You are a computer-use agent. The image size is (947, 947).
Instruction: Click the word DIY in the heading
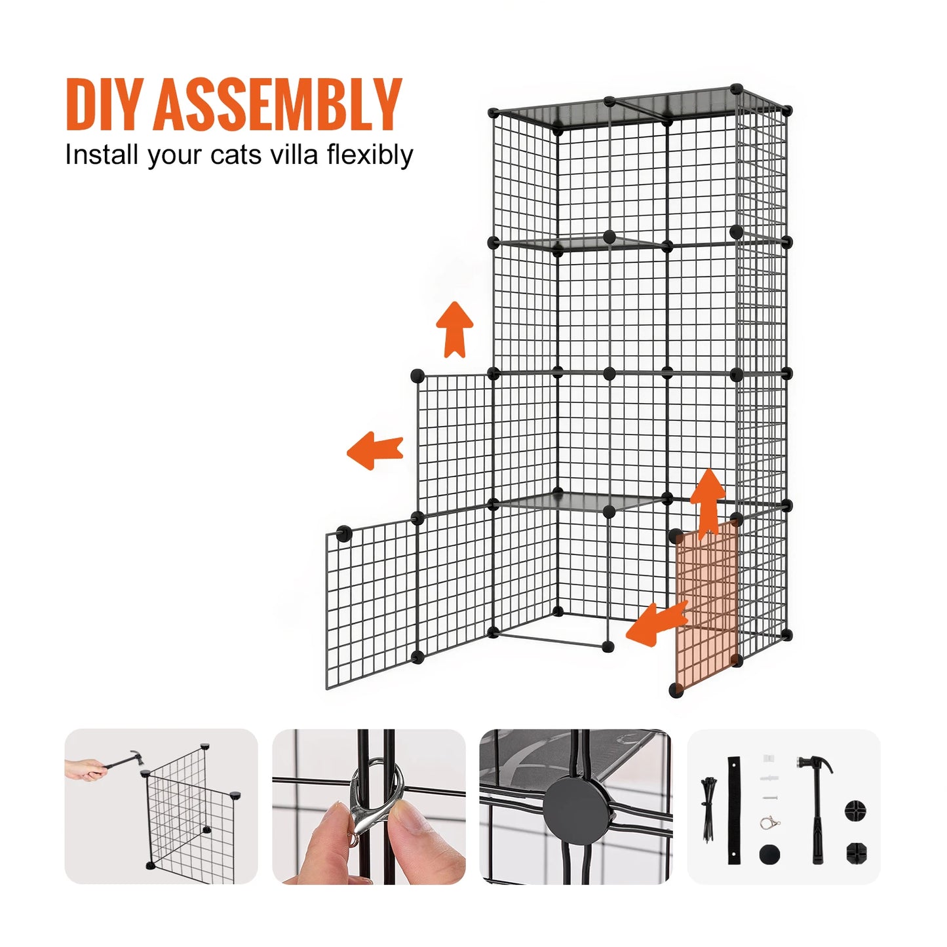[104, 105]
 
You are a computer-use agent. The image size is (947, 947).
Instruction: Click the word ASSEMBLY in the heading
[278, 105]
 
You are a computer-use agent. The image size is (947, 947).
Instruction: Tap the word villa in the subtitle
[288, 155]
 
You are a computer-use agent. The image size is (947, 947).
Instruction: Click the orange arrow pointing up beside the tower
[455, 330]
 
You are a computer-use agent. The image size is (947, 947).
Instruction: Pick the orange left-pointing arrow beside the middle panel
[374, 450]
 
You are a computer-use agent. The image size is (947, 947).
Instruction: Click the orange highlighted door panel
[706, 609]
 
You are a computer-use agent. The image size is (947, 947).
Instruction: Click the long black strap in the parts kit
[734, 810]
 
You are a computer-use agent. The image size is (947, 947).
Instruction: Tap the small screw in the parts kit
[770, 798]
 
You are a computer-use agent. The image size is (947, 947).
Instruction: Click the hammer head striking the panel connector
[134, 756]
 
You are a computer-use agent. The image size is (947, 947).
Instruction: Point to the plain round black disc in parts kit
[770, 853]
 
